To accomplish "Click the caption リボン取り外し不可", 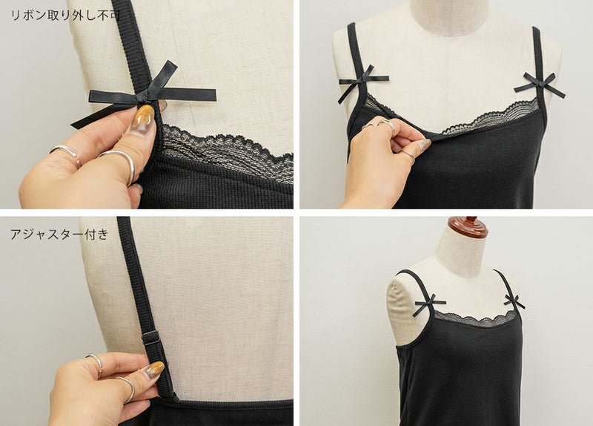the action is click(x=66, y=16).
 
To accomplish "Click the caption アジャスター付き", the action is click(x=59, y=235).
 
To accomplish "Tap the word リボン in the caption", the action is click(x=29, y=16).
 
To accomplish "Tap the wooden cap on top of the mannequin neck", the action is click(x=467, y=226).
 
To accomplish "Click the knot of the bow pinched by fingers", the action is click(x=144, y=98).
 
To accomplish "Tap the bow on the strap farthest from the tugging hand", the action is click(x=538, y=85).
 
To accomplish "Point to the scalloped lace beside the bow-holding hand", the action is click(x=227, y=151).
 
